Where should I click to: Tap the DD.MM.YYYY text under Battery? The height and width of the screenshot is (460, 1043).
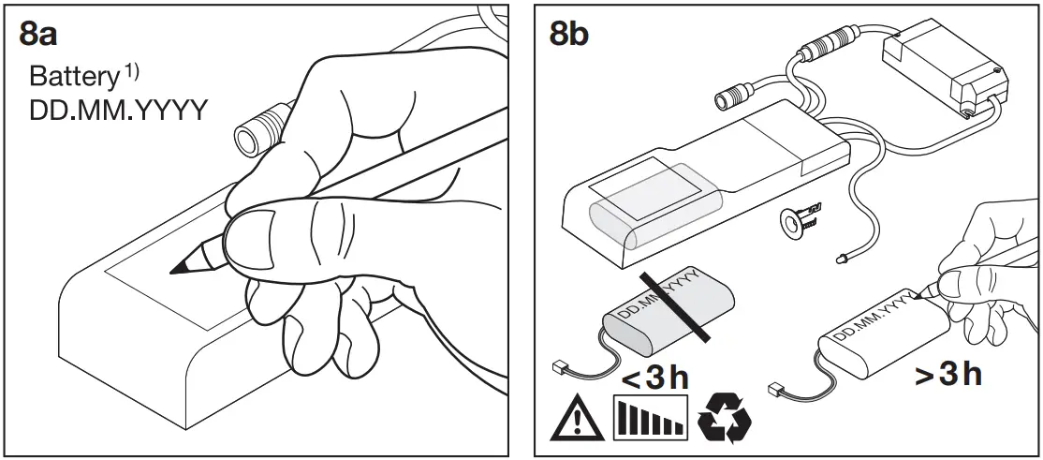point(118,111)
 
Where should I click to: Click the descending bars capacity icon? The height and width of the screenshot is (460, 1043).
point(649,419)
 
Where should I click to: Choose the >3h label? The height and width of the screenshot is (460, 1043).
point(948,376)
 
